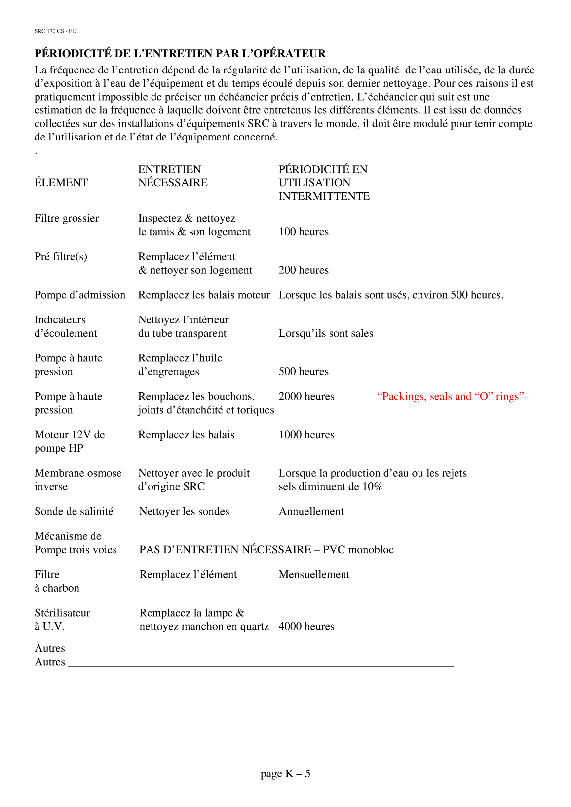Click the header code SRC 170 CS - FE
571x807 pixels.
[x=55, y=31]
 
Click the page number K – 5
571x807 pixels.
[x=285, y=774]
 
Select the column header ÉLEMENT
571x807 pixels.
[x=61, y=183]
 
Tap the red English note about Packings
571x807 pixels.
[x=450, y=397]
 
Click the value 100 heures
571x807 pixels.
[x=304, y=232]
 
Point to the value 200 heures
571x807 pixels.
[x=304, y=270]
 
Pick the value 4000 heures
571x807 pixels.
[x=306, y=627]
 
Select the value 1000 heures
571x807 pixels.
[x=306, y=435]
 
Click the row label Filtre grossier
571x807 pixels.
[x=67, y=219]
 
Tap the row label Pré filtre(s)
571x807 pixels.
[x=61, y=257]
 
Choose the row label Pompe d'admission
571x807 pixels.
[x=80, y=295]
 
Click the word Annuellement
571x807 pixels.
[x=311, y=512]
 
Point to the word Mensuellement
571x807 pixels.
[x=314, y=575]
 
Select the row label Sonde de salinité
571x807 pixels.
[x=74, y=512]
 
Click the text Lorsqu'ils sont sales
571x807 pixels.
[x=326, y=333]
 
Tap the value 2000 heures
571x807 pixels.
[x=306, y=397]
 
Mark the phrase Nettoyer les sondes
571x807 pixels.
[x=184, y=512]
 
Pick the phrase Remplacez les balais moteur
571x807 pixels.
[x=204, y=295]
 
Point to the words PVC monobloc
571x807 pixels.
[x=358, y=550]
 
